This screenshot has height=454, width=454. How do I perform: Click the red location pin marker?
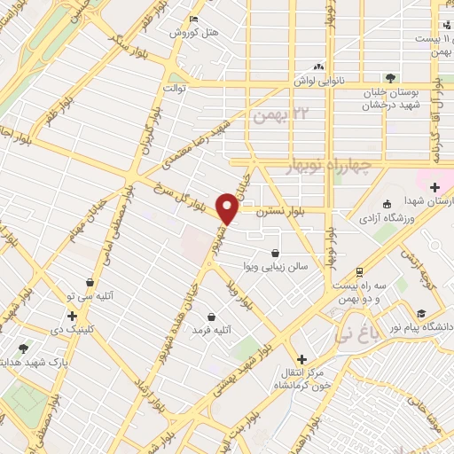[228, 209]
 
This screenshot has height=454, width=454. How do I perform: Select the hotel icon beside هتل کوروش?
[195, 20]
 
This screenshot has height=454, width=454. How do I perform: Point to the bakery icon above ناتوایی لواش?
[318, 67]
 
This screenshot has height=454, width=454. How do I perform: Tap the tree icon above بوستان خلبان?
[389, 78]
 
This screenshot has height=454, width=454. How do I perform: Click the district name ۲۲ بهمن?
[278, 115]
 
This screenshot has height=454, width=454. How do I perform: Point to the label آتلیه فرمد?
[212, 330]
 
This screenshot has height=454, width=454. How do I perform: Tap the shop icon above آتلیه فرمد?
[212, 317]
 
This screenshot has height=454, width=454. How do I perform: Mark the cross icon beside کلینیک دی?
[72, 315]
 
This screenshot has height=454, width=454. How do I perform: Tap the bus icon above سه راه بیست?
[358, 271]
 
